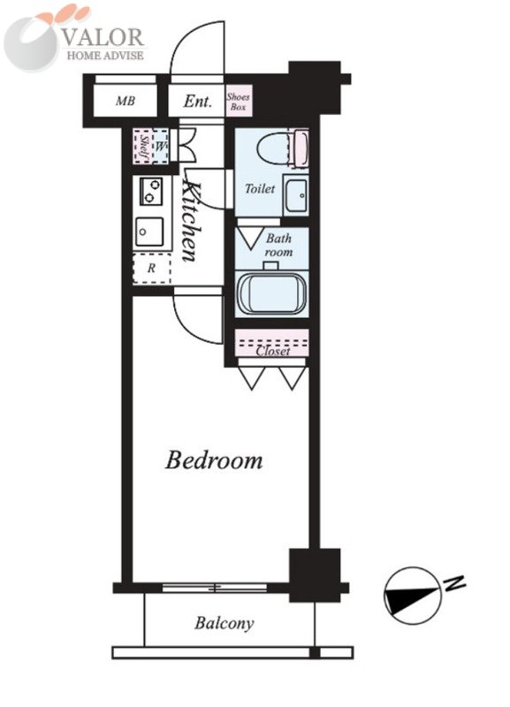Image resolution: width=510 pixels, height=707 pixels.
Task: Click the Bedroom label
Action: [x=214, y=460]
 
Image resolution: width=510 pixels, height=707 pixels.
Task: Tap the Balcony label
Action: [x=225, y=623]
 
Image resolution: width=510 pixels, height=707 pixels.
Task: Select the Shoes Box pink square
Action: [x=239, y=101]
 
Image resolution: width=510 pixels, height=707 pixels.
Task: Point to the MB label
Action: [x=126, y=101]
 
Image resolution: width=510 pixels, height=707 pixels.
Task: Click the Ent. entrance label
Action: [x=197, y=101]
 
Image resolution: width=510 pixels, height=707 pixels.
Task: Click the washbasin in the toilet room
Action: [x=296, y=194]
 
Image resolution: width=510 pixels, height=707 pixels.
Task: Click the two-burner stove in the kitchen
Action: [x=150, y=191]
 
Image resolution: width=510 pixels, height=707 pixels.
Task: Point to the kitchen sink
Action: [x=149, y=232]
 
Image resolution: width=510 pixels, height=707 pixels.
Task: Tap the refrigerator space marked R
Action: [x=151, y=269]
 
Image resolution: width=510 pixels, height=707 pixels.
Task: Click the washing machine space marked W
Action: [x=160, y=146]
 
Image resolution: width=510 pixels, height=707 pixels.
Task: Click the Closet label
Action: [x=273, y=351]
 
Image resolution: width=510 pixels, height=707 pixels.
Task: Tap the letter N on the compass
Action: [x=454, y=584]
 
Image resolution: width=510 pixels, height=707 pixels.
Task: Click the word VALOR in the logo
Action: [x=103, y=37]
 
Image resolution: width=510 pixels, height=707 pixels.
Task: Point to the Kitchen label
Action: [x=191, y=222]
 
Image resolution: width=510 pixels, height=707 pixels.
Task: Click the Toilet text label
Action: [x=260, y=188]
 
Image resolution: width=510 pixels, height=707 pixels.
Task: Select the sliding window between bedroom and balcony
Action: [x=215, y=588]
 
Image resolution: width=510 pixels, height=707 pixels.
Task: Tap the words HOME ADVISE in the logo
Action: [x=105, y=55]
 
